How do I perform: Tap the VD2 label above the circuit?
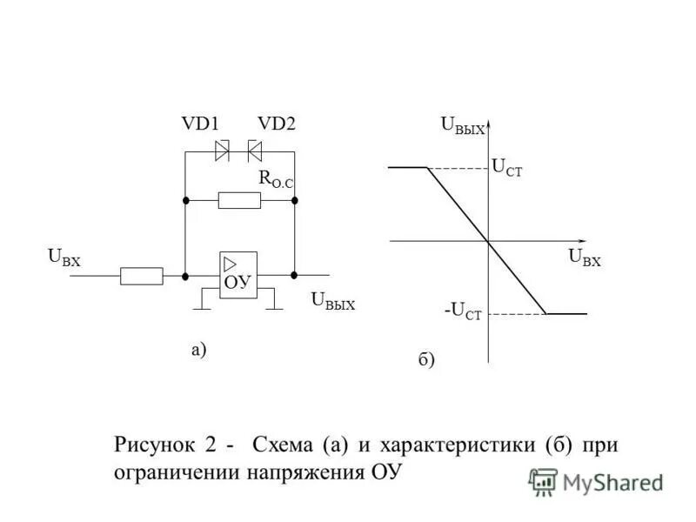click(277, 124)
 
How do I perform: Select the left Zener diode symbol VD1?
click(222, 151)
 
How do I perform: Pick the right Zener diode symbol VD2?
click(255, 151)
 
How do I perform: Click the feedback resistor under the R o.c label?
click(239, 201)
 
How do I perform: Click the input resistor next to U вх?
click(141, 276)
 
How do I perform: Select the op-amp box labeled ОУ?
click(238, 275)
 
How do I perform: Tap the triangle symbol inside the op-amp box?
click(231, 264)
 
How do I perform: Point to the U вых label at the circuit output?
click(332, 301)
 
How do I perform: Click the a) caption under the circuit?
click(199, 350)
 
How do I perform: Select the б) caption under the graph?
click(425, 359)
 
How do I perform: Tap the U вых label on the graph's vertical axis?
click(462, 126)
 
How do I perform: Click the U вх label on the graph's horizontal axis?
click(585, 257)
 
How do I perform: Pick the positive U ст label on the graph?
click(507, 168)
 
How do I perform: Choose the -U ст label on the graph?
click(462, 311)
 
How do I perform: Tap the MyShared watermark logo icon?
click(543, 481)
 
